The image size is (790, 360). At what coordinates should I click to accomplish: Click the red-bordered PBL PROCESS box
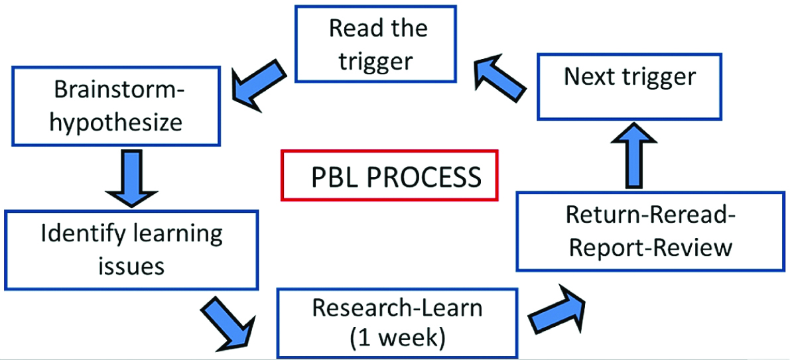(389, 176)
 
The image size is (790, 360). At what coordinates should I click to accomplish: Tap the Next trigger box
(629, 77)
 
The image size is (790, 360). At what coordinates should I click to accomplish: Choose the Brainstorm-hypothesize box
(116, 106)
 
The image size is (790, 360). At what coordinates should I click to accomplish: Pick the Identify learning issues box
(131, 249)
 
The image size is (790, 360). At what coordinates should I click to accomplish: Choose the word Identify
(74, 233)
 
